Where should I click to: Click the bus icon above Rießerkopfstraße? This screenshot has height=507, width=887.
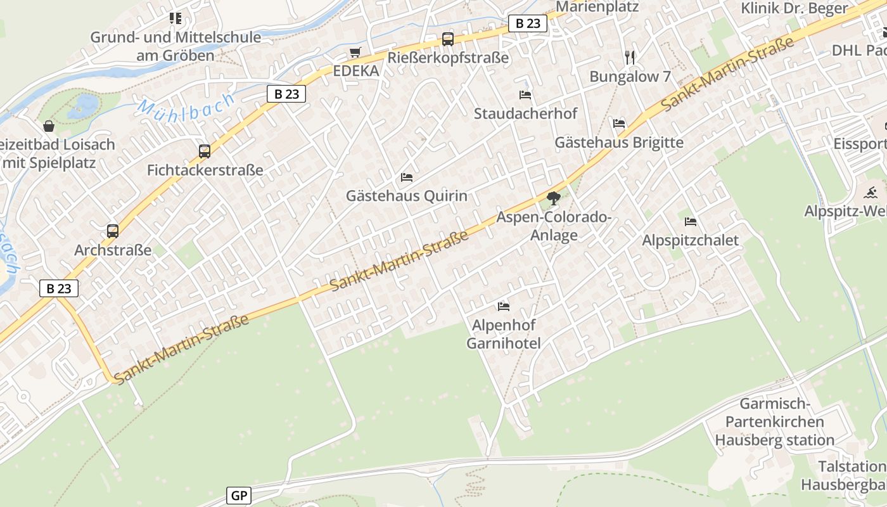pos(448,39)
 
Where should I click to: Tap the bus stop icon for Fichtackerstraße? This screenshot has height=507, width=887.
pos(205,151)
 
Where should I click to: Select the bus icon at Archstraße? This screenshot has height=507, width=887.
pos(113,231)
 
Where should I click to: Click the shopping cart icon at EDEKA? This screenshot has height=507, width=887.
pos(355,52)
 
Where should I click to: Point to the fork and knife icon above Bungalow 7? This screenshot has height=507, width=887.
pos(630,58)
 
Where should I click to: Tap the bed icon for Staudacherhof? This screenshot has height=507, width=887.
pos(525,95)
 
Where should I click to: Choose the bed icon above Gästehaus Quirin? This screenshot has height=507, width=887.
pos(407,177)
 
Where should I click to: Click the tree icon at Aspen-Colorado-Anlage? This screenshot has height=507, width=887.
pos(554,198)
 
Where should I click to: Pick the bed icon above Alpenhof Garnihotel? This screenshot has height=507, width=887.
pos(504,307)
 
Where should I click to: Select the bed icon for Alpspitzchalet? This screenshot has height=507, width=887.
pos(691,222)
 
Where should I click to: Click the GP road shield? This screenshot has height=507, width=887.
pos(239,496)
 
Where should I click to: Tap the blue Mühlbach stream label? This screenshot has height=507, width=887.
pos(186,107)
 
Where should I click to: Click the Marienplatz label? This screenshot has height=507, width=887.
pos(597,7)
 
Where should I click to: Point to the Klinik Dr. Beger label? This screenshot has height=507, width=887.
pos(794,8)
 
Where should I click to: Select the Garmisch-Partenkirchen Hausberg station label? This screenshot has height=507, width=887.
pos(775,421)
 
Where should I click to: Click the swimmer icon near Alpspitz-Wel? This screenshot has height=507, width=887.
pos(871,192)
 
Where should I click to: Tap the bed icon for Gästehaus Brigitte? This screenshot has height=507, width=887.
pos(619,123)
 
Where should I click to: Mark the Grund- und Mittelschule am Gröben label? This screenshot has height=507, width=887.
pos(175,46)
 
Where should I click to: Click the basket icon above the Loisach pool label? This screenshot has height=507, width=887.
pos(49,126)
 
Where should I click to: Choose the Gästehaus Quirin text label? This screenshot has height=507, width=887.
pos(407,196)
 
